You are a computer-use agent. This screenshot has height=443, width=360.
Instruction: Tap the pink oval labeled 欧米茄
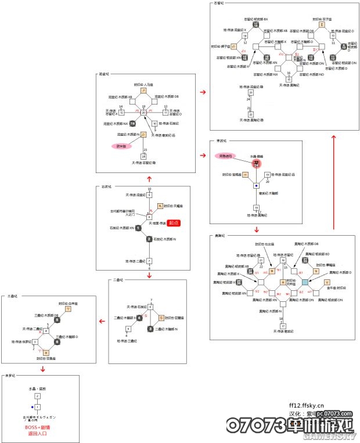[x=120, y=146]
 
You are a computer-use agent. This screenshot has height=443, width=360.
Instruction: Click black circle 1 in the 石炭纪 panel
[x=138, y=228]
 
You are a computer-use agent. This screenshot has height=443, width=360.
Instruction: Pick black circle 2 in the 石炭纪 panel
[x=149, y=239]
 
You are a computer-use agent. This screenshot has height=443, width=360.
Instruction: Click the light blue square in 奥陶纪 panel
[x=305, y=282]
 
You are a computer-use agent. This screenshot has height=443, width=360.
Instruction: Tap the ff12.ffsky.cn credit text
[x=307, y=406]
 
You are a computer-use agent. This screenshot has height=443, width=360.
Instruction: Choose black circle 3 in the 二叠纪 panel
[x=150, y=329]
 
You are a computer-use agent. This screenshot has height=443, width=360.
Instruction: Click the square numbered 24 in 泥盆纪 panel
[x=143, y=156]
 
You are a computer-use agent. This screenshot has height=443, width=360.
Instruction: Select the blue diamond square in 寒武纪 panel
[x=255, y=186]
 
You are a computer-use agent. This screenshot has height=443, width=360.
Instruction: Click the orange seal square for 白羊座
[x=69, y=309]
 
